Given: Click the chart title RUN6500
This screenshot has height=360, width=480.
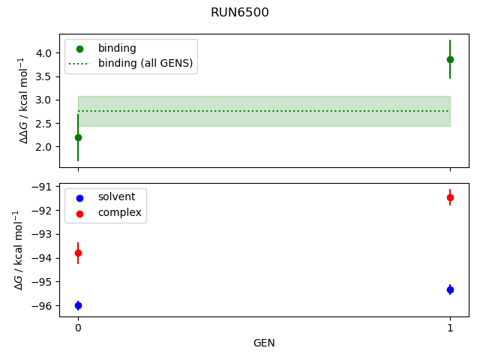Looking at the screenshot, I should click(x=240, y=13).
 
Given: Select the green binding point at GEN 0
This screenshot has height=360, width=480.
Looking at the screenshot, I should click(x=78, y=137).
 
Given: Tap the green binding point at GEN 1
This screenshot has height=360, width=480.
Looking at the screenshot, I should click(x=450, y=59).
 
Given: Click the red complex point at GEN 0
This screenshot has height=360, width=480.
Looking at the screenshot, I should click(x=78, y=253).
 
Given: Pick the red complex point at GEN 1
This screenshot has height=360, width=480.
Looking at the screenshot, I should click(x=450, y=197).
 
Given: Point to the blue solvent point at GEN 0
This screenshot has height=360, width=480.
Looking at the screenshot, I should click(x=78, y=305).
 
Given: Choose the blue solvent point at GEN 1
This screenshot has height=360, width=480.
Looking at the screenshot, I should click(x=450, y=289).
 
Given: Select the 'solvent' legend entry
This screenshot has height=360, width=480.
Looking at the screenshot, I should click(x=116, y=196).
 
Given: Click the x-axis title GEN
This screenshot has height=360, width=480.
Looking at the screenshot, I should click(x=264, y=343).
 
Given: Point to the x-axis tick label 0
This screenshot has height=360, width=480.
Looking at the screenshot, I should click(x=78, y=328).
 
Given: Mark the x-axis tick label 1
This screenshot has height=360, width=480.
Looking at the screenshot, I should click(x=450, y=328).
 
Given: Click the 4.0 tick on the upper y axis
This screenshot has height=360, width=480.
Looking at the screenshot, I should click(x=43, y=53).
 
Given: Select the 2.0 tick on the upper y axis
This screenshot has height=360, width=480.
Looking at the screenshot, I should click(x=43, y=147).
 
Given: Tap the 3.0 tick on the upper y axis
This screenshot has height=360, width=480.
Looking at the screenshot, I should click(x=43, y=100).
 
